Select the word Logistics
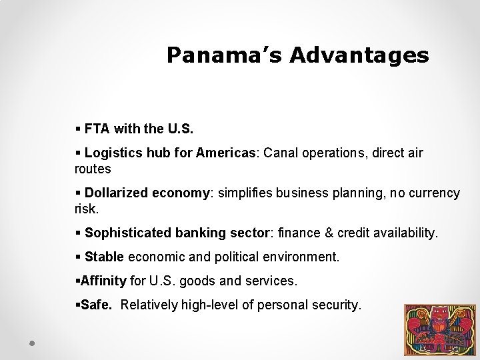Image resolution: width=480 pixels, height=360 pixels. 111,153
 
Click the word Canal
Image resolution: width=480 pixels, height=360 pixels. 281,153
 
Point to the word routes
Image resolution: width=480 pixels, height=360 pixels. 93,169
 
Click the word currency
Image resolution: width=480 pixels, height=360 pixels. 433,193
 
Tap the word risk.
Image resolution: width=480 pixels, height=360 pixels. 85,209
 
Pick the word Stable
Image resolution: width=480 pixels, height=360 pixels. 104,257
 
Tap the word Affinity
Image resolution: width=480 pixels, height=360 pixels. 103,281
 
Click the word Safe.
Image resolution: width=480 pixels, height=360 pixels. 96,305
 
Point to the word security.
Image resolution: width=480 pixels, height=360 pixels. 336,305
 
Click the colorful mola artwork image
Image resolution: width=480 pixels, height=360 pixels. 440,330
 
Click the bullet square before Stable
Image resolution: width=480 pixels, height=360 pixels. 78,257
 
